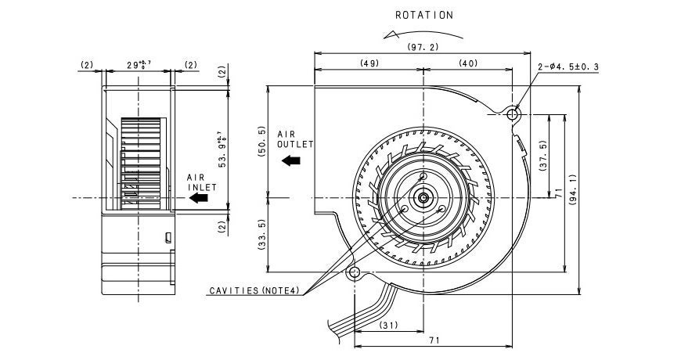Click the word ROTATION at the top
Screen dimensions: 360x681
point(423,15)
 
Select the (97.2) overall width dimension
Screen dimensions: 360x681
point(423,47)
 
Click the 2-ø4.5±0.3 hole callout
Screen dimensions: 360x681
point(568,67)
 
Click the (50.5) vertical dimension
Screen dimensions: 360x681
point(261,142)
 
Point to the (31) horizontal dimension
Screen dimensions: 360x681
point(389,326)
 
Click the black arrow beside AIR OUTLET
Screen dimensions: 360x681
point(292,160)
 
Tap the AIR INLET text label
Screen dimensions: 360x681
point(200,182)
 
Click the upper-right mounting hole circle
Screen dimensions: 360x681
point(513,114)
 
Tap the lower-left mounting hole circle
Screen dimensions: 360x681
point(355,273)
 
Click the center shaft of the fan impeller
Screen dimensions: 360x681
point(423,198)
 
